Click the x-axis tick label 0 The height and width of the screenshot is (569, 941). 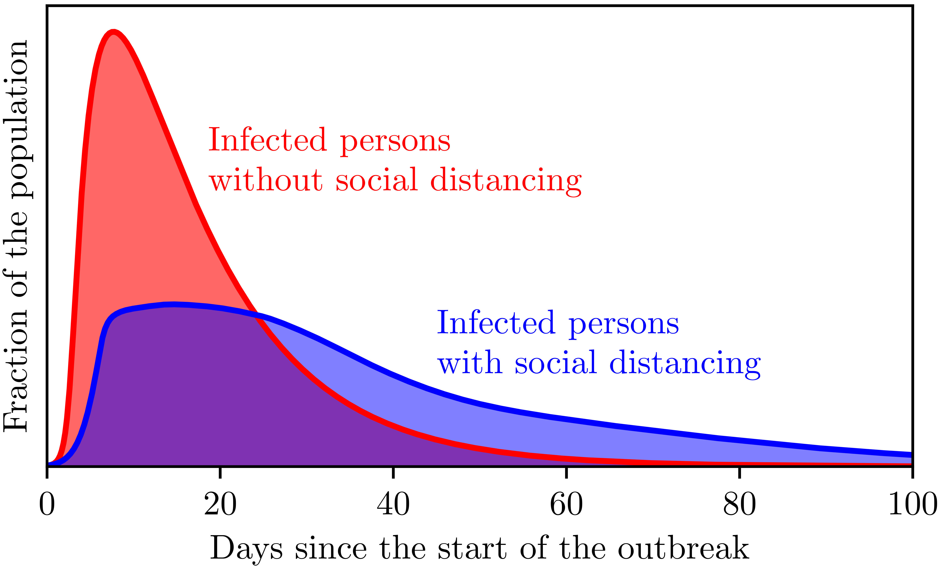pyautogui.click(x=47, y=504)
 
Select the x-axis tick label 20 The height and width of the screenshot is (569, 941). pyautogui.click(x=220, y=504)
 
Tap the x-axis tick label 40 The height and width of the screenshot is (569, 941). pyautogui.click(x=393, y=504)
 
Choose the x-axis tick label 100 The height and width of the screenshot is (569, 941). pyautogui.click(x=912, y=504)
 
